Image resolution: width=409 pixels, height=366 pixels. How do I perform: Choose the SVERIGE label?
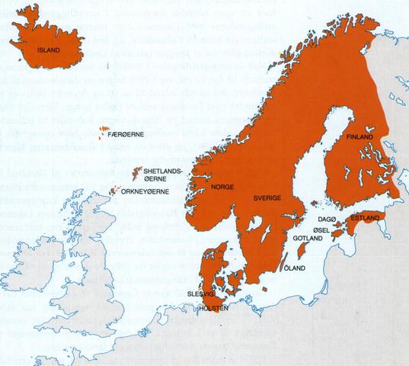click(x=267, y=197)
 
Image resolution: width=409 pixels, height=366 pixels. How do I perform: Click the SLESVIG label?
click(x=200, y=294)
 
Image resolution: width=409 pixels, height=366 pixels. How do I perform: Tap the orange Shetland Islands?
click(x=137, y=172)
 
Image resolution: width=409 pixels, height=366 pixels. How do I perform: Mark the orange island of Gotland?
click(x=302, y=228)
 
